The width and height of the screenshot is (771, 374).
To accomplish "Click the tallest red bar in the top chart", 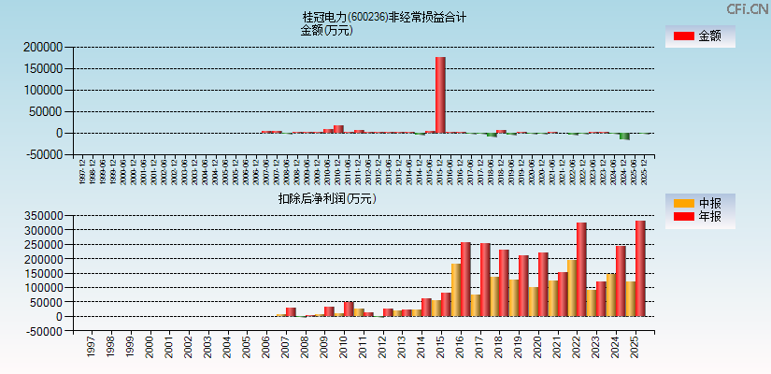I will tap(440, 94).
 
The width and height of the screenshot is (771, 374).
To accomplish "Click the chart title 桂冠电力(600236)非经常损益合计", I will tap(384, 17).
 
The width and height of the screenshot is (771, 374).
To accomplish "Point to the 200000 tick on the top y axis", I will tap(43, 47).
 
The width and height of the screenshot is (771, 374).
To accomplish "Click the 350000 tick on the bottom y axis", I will tap(43, 215).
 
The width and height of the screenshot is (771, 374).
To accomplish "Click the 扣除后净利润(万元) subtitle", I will tap(326, 198).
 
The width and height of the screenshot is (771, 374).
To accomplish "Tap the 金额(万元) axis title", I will tap(326, 30).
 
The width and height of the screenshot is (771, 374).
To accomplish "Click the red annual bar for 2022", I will tap(581, 269).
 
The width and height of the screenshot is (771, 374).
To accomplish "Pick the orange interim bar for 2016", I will tap(456, 290).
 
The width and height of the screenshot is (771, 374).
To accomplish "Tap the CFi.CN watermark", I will tap(748, 8).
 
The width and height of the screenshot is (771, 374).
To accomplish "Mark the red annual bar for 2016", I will tap(465, 279).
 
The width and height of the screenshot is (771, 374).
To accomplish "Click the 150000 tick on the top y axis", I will tap(43, 68).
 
